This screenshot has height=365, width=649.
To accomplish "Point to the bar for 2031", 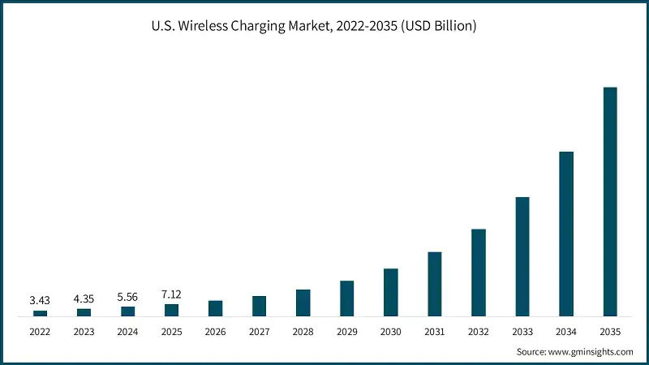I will coord(435,284).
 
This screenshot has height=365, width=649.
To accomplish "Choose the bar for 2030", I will coord(391,292).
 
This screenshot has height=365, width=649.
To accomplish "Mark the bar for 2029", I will coord(347,298).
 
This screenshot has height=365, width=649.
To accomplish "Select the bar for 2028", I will coord(303,303).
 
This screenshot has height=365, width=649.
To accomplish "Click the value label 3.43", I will coord(40,300).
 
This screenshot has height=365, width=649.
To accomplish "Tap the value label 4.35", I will coord(84,298).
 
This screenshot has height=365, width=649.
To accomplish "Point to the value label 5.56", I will coord(127,297).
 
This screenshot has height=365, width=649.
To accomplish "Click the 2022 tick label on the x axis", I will coord(40,332).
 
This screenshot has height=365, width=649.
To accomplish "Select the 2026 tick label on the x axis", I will coord(215,332).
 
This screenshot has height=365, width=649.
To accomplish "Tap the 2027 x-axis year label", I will coord(259,332).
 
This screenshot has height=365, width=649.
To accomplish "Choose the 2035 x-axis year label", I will coord(610,332).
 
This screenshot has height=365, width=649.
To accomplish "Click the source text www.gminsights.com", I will coord(574,352).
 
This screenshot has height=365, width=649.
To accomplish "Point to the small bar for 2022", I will coord(40,313).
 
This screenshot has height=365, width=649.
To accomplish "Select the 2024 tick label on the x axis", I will coord(127,332).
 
